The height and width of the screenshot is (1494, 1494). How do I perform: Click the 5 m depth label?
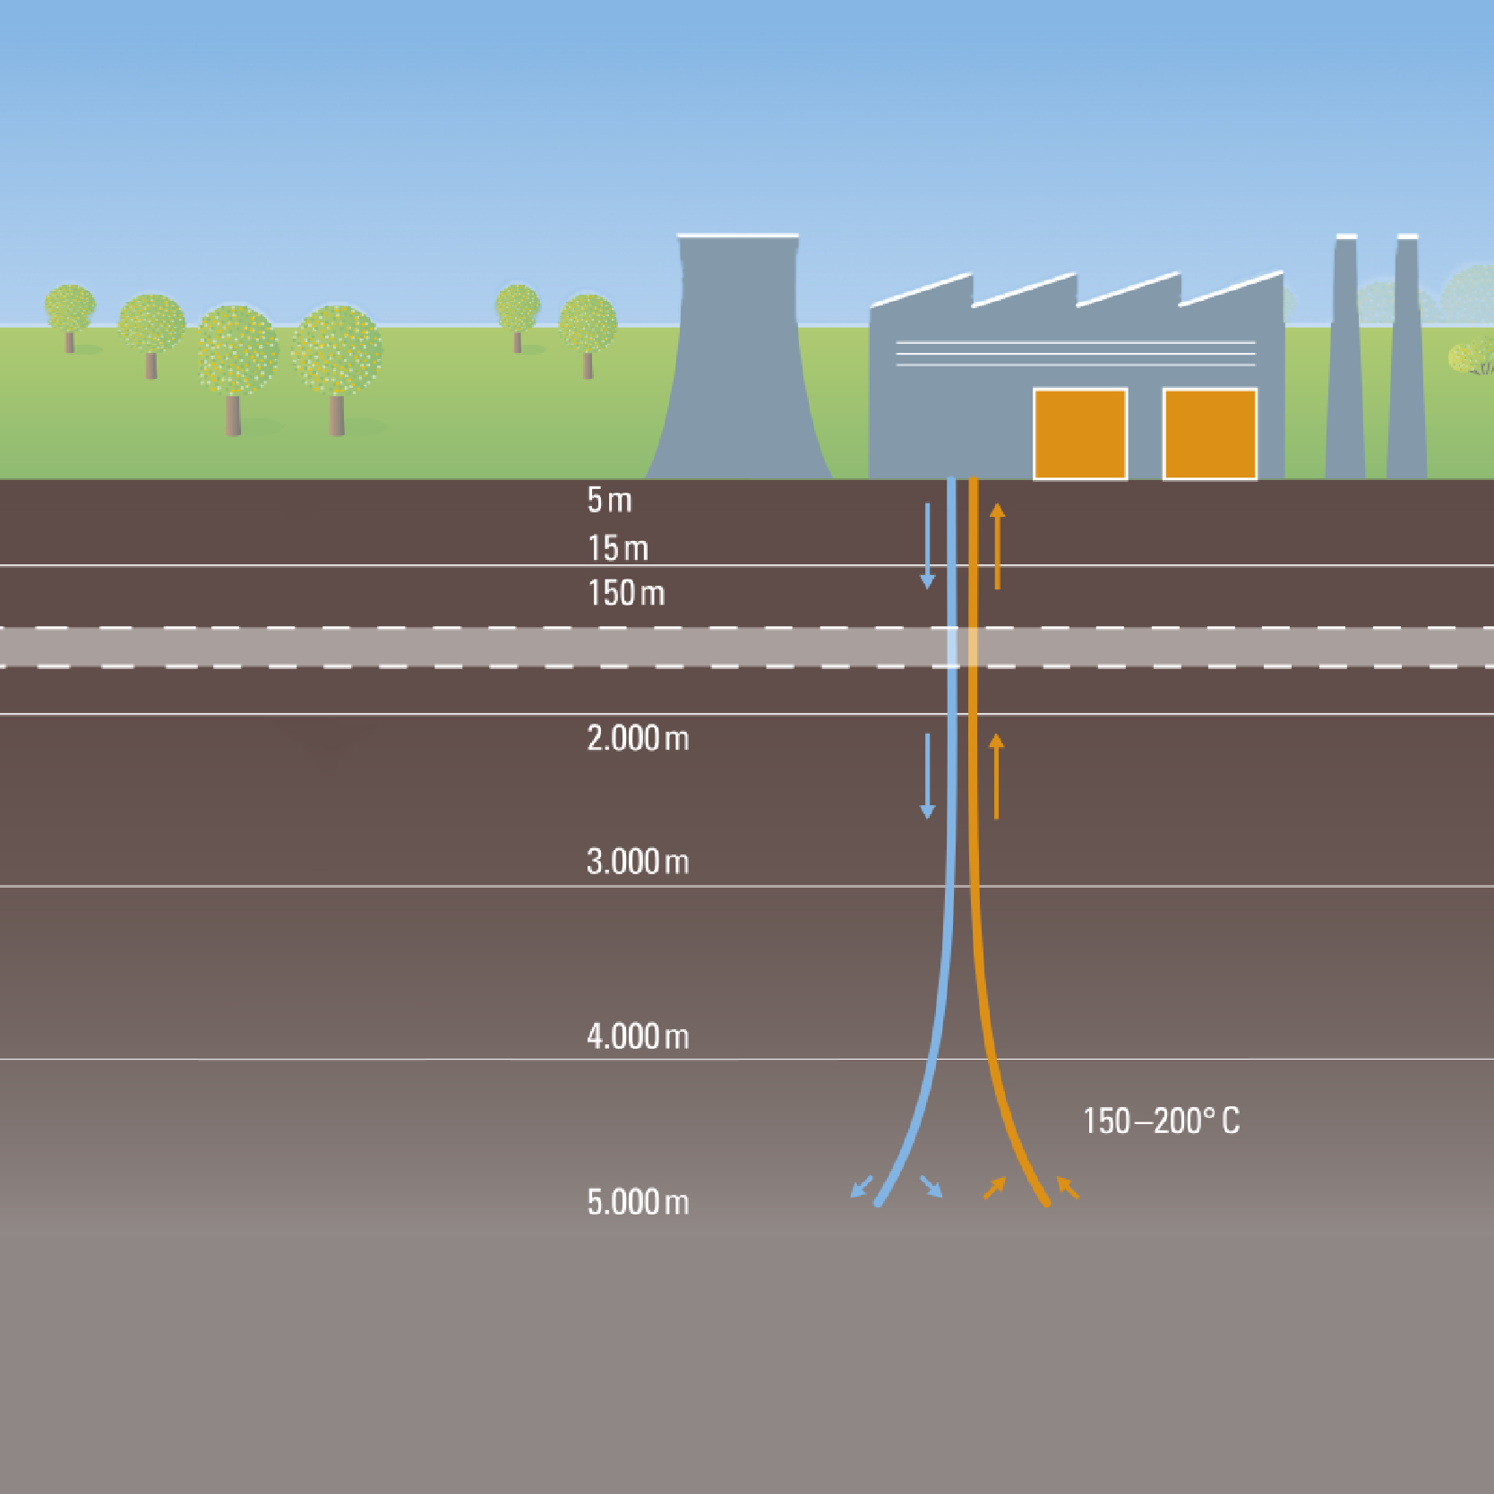(x=609, y=500)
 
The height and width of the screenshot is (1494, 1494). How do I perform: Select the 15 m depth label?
(x=617, y=547)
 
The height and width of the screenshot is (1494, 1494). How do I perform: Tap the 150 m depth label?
(x=626, y=593)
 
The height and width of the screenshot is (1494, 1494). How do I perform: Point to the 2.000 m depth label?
(x=638, y=738)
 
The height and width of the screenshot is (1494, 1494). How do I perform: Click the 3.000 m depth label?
(x=638, y=862)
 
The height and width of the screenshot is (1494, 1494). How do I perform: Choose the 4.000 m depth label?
(x=638, y=1036)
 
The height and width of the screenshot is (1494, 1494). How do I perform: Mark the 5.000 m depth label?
(x=638, y=1202)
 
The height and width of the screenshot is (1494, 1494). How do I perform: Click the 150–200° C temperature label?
(x=1161, y=1121)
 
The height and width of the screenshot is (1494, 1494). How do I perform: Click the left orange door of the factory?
(x=1080, y=434)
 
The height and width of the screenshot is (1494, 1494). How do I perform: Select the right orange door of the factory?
(x=1209, y=434)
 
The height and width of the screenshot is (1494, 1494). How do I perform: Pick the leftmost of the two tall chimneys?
(x=1345, y=358)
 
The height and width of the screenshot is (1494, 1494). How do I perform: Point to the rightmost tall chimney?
(x=1406, y=358)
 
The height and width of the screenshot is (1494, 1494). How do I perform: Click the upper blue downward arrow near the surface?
(x=927, y=545)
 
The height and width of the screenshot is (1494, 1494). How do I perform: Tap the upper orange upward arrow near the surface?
(x=997, y=545)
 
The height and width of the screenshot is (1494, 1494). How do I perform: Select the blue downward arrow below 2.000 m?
(x=927, y=776)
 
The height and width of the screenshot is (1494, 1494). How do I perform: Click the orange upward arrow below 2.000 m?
(x=996, y=776)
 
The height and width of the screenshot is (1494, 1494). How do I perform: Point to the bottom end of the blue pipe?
(x=879, y=1202)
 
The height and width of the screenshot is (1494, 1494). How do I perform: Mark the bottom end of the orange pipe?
(x=1045, y=1202)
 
